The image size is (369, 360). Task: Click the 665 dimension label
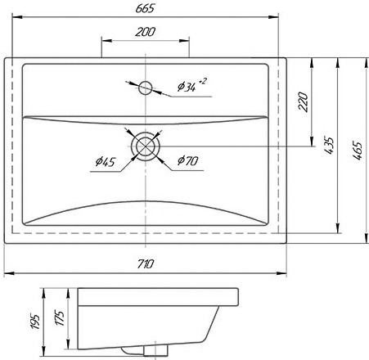pyautogui.click(x=145, y=8)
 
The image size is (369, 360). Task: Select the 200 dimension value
pyautogui.click(x=145, y=32)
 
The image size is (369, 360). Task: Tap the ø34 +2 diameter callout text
pyautogui.click(x=192, y=85)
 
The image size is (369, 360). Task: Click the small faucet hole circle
pyautogui.click(x=145, y=88)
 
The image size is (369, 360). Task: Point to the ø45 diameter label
pyautogui.click(x=106, y=161)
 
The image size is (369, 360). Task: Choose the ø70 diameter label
pyautogui.click(x=187, y=160)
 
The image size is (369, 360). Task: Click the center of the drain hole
pyautogui.click(x=146, y=146)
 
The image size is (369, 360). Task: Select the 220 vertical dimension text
pyautogui.click(x=303, y=101)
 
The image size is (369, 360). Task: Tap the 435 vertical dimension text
pyautogui.click(x=329, y=146)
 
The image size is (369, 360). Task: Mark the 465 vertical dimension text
pyautogui.click(x=357, y=150)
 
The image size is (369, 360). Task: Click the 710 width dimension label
pyautogui.click(x=146, y=264)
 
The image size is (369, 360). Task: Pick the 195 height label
pyautogui.click(x=35, y=322)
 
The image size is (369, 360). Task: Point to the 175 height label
pyautogui.click(x=60, y=317)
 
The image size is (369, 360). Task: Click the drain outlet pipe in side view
pyautogui.click(x=155, y=350)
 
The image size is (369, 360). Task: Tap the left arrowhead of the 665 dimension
pyautogui.click(x=17, y=17)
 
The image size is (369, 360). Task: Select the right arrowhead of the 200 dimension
pyautogui.click(x=184, y=41)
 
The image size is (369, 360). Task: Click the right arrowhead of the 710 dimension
pyautogui.click(x=281, y=273)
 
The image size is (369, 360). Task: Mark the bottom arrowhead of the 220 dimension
pyautogui.click(x=312, y=142)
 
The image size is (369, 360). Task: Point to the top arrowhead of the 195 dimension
pyautogui.click(x=43, y=293)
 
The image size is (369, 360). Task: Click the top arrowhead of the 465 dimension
pyautogui.click(x=367, y=63)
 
